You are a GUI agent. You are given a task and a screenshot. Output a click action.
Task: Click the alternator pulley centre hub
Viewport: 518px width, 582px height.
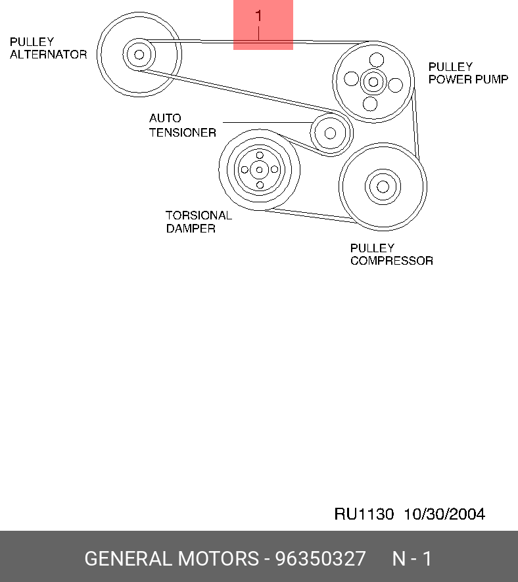click(138, 54)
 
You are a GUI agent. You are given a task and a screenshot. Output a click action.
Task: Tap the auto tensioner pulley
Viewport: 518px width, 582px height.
click(330, 133)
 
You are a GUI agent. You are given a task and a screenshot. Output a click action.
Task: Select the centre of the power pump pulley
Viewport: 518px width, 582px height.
click(373, 81)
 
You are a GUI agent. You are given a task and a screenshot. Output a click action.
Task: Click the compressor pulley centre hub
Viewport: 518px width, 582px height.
click(383, 186)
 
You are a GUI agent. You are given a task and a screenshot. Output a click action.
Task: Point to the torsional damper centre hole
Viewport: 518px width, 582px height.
click(259, 170)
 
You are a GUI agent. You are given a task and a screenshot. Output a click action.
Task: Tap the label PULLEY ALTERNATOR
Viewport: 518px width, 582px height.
click(48, 48)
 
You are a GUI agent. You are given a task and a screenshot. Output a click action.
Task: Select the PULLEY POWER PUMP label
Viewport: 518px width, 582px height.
click(468, 73)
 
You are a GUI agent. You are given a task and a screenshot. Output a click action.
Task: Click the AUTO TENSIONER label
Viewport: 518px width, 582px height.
click(182, 125)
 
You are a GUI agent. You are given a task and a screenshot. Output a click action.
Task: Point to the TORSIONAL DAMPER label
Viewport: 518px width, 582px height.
click(199, 222)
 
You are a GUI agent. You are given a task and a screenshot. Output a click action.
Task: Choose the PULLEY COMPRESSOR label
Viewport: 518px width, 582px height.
click(391, 254)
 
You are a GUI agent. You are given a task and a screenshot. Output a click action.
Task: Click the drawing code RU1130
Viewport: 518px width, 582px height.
click(364, 514)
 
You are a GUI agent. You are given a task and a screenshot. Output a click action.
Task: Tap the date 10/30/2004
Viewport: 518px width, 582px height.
click(444, 514)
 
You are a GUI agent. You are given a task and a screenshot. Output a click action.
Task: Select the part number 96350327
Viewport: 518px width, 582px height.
click(320, 559)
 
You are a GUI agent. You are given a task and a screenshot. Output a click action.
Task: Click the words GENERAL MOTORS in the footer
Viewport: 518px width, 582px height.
click(172, 559)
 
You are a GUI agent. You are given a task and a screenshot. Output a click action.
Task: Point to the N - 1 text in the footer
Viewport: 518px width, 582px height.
click(412, 559)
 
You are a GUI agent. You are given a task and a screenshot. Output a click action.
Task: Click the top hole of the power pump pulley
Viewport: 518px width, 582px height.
click(376, 59)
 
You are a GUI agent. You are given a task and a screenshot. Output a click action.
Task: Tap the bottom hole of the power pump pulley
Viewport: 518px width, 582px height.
click(370, 103)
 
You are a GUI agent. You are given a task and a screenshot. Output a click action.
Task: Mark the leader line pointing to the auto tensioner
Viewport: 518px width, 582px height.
click(266, 122)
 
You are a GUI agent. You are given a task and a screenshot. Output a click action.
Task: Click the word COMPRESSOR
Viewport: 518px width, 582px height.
click(391, 261)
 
